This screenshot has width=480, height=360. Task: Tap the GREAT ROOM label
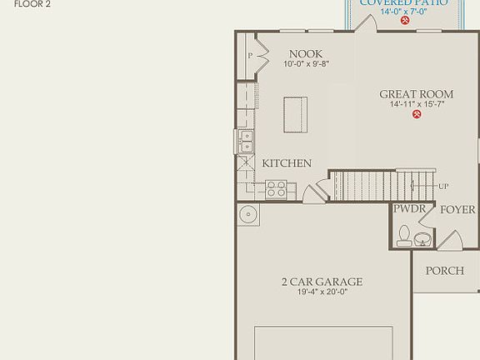417,94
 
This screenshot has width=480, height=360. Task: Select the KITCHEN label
287,163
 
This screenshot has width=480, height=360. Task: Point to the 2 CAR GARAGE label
322,282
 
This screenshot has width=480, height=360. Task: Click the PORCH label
444,271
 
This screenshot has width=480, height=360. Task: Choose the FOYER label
457,209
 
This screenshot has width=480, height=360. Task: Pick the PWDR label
410,209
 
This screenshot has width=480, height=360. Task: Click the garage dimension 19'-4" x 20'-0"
322,292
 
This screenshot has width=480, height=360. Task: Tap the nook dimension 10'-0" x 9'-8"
306,63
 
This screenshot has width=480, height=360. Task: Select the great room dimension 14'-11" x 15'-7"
417,104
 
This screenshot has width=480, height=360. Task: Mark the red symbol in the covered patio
405,20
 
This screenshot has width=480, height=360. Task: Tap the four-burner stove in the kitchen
276,189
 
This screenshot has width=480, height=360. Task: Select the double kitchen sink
246,142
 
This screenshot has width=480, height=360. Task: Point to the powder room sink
423,240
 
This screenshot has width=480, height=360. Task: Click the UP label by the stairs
443,185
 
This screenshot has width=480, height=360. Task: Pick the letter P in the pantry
250,56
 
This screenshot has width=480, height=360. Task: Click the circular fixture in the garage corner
247,216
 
